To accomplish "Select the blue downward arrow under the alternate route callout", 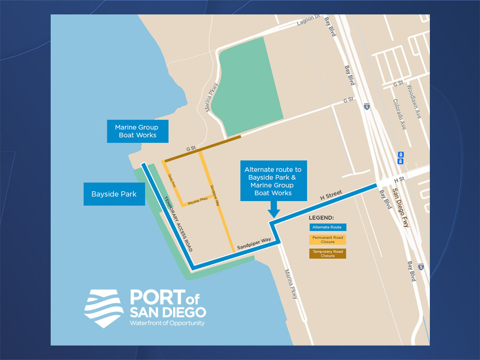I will (x=274, y=210).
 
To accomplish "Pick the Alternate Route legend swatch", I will (x=327, y=227).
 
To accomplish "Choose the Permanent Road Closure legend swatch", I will (x=327, y=239).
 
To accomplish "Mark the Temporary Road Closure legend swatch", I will (x=327, y=253).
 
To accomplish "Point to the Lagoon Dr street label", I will (x=308, y=23).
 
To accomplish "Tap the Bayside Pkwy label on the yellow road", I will (x=197, y=201).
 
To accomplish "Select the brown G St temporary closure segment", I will (x=203, y=149).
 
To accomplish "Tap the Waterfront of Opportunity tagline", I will (x=167, y=323).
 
